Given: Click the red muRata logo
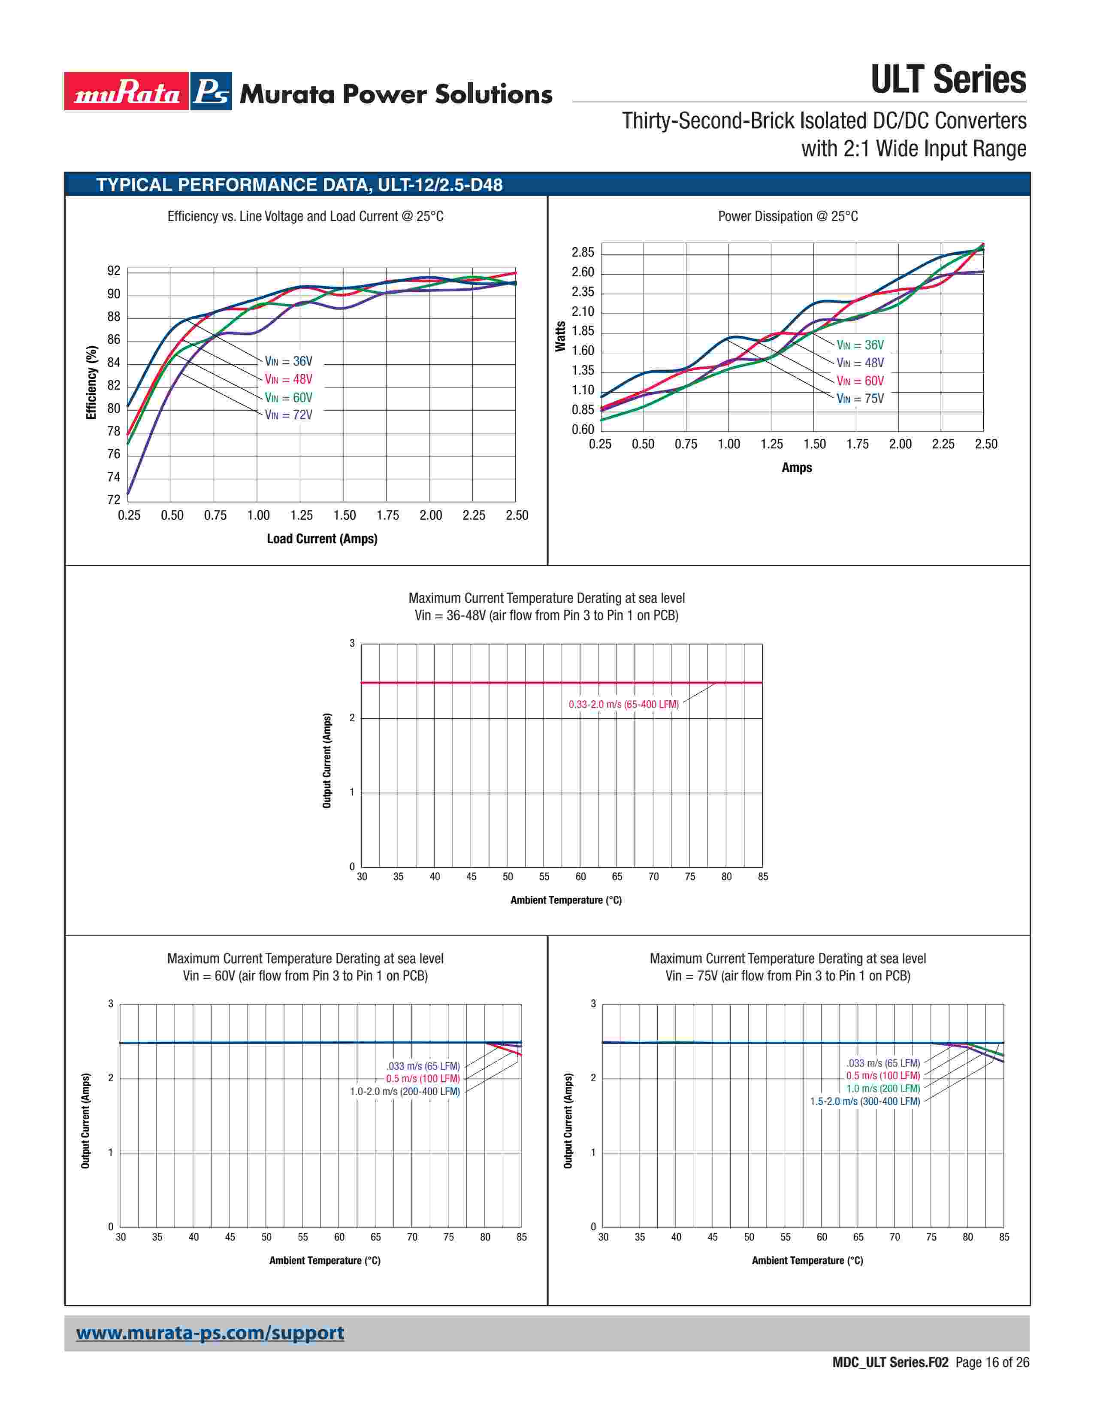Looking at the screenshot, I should (127, 91).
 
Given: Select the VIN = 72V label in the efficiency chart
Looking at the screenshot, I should (288, 415).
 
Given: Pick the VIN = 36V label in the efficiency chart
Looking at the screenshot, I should (288, 361).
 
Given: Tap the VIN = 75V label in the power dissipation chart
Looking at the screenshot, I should (860, 399).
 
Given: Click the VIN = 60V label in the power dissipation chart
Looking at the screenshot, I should (860, 381).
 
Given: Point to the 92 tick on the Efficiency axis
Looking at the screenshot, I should (114, 271).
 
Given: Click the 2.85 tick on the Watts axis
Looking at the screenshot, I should (583, 252).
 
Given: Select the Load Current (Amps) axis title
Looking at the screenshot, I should (322, 539).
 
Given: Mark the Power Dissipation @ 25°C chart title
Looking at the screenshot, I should (787, 217).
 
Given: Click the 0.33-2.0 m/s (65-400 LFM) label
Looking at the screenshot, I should (623, 704).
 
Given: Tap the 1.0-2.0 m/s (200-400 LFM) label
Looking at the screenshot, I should (405, 1091).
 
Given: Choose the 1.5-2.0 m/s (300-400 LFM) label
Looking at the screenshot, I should (864, 1101).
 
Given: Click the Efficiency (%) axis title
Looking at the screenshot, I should (91, 382).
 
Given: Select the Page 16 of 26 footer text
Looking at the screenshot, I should (992, 1362).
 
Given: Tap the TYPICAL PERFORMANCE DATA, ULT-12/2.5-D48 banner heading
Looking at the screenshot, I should (299, 185).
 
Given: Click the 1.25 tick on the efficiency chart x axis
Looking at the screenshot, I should (301, 515).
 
